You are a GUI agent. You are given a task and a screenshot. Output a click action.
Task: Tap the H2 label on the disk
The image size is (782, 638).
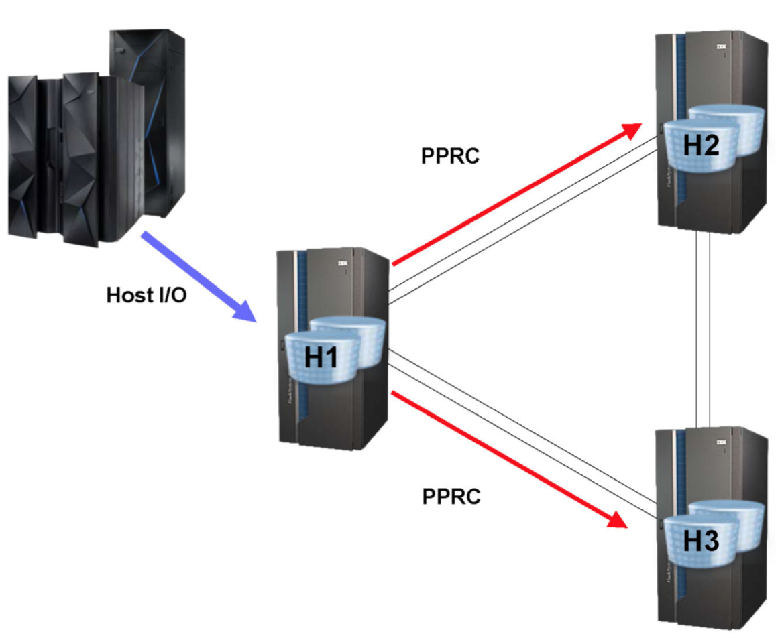701,144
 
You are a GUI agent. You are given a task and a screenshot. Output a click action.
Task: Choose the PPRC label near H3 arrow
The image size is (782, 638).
451,497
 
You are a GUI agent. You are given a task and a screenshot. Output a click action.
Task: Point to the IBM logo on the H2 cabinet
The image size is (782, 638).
722,47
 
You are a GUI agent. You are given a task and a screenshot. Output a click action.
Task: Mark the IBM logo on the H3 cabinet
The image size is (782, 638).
722,442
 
